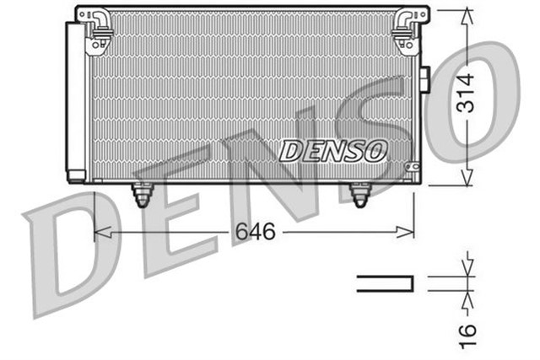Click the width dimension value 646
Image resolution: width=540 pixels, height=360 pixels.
click(x=256, y=232)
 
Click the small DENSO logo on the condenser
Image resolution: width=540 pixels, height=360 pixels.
click(x=332, y=151)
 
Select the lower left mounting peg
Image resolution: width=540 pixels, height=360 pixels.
click(x=142, y=195)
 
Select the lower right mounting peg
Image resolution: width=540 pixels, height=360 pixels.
click(x=360, y=195)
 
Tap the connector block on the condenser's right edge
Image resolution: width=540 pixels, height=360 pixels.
click(x=424, y=80)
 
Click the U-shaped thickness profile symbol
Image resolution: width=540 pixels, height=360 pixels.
click(x=386, y=283)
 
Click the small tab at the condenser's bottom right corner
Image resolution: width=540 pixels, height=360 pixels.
click(x=414, y=169)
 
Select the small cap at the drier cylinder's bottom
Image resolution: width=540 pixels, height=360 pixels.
click(x=76, y=177)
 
